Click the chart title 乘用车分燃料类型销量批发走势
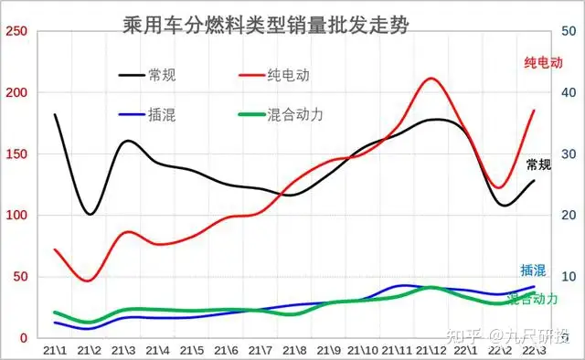pyautogui.click(x=265, y=25)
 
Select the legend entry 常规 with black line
pyautogui.click(x=162, y=75)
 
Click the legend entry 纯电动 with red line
pyautogui.click(x=280, y=75)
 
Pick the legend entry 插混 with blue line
pyautogui.click(x=162, y=114)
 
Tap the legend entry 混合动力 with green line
pyautogui.click(x=295, y=114)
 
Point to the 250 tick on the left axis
pyautogui.click(x=16, y=31)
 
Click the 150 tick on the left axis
pyautogui.click(x=16, y=154)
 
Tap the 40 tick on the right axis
pyautogui.click(x=567, y=92)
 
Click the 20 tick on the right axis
pyautogui.click(x=567, y=216)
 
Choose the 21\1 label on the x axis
pyautogui.click(x=55, y=350)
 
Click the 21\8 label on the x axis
pyautogui.click(x=294, y=350)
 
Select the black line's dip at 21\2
pyautogui.click(x=90, y=215)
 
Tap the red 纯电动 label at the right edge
pyautogui.click(x=543, y=62)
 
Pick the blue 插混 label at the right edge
pyautogui.click(x=533, y=270)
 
